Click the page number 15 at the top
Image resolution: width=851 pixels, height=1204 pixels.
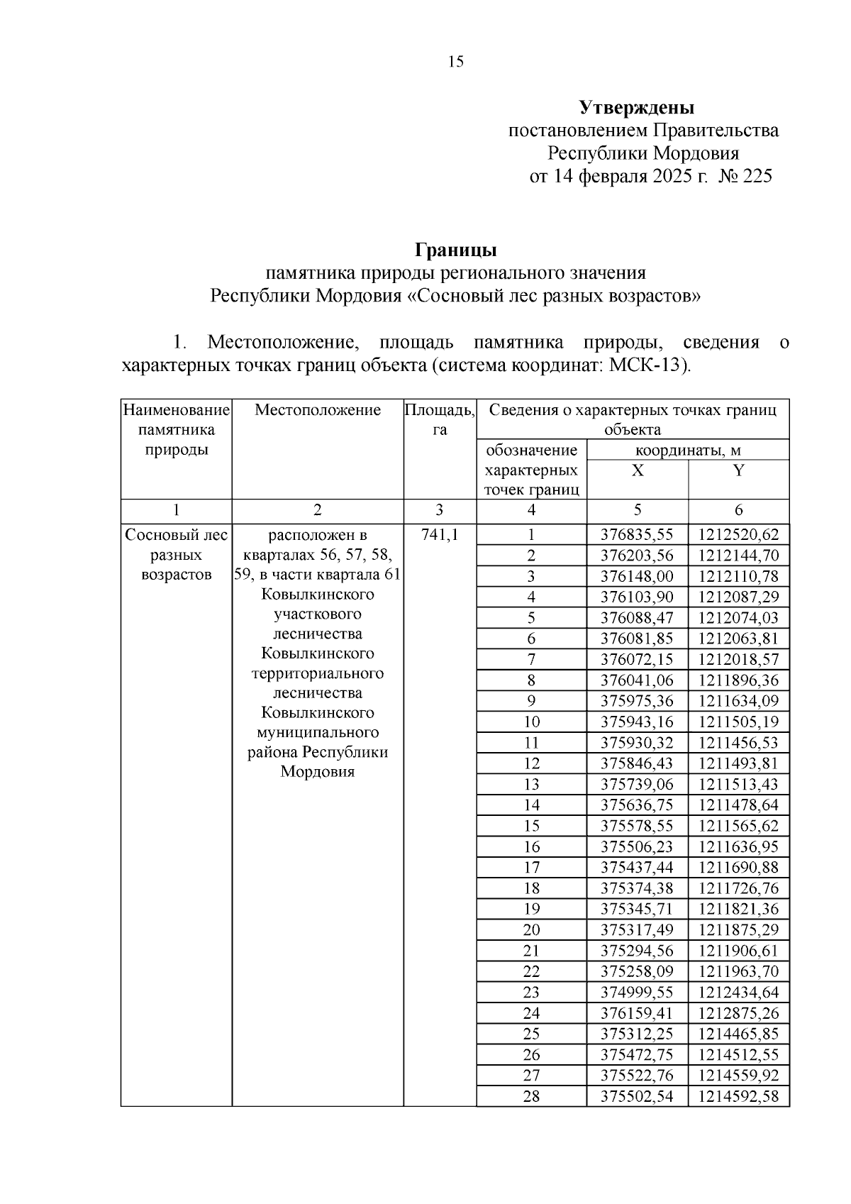[x=456, y=62]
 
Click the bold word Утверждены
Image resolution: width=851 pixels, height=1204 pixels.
[x=636, y=108]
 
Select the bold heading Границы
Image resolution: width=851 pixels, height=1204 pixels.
[x=455, y=250]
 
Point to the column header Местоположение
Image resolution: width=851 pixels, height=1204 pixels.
[x=318, y=410]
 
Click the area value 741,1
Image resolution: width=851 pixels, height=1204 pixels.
[x=440, y=535]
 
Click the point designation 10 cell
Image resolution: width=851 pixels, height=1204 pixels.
[x=531, y=722]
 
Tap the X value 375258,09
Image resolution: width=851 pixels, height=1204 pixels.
[x=637, y=971]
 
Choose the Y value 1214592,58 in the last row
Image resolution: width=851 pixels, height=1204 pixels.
[x=738, y=1096]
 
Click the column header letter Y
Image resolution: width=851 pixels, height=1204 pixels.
[x=738, y=470]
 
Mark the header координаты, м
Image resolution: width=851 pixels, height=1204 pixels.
[x=688, y=451]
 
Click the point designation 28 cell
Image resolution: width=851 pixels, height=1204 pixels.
[x=531, y=1096]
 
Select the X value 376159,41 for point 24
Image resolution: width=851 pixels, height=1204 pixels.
[x=637, y=1013]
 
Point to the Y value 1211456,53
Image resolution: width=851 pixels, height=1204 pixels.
[x=738, y=743]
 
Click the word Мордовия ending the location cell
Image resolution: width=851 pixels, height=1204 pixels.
[x=317, y=772]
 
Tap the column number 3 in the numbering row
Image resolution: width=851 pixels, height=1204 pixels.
[x=440, y=510]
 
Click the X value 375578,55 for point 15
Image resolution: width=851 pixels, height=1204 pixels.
[x=637, y=826]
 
